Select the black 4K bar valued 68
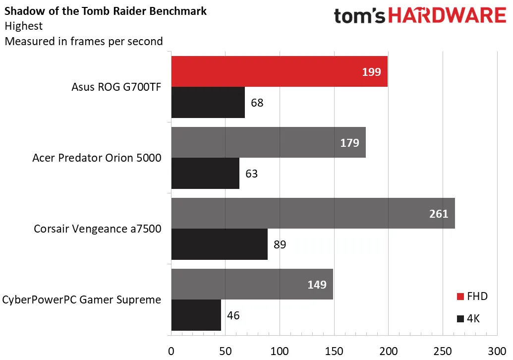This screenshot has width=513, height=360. tap(208, 103)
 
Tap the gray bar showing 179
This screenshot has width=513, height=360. tap(268, 142)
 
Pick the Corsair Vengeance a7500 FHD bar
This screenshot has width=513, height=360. tap(313, 213)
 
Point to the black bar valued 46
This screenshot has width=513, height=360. tap(196, 315)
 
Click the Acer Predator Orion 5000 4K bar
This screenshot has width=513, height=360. tap(205, 173)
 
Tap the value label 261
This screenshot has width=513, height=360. tap(439, 214)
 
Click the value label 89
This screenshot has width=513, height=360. tap(280, 244)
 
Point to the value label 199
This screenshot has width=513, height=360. tap(371, 72)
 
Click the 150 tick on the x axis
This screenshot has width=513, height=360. tap(334, 352)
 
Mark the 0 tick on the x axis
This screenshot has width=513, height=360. tap(171, 352)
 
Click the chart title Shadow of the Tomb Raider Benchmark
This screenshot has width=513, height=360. tap(106, 11)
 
